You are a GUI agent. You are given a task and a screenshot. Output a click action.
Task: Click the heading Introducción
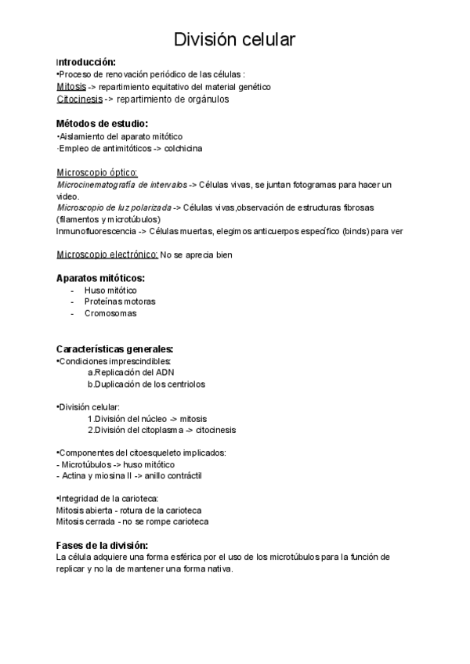tap(86, 62)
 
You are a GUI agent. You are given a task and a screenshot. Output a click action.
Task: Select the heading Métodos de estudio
tap(102, 124)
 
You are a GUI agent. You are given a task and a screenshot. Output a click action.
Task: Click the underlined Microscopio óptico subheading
tap(97, 172)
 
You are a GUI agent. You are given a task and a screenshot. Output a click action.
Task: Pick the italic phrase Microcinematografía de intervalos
tap(122, 185)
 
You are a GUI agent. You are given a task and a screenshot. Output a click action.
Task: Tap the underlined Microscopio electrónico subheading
tap(107, 254)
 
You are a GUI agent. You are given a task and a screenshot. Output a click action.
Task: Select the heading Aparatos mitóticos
tap(100, 278)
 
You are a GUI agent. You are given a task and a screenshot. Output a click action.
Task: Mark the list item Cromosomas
tap(110, 313)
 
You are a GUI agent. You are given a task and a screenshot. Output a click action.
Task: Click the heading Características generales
tap(115, 348)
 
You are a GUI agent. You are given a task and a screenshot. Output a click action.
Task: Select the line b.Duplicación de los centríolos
tap(146, 384)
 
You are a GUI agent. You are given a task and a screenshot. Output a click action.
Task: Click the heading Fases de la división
tap(103, 545)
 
